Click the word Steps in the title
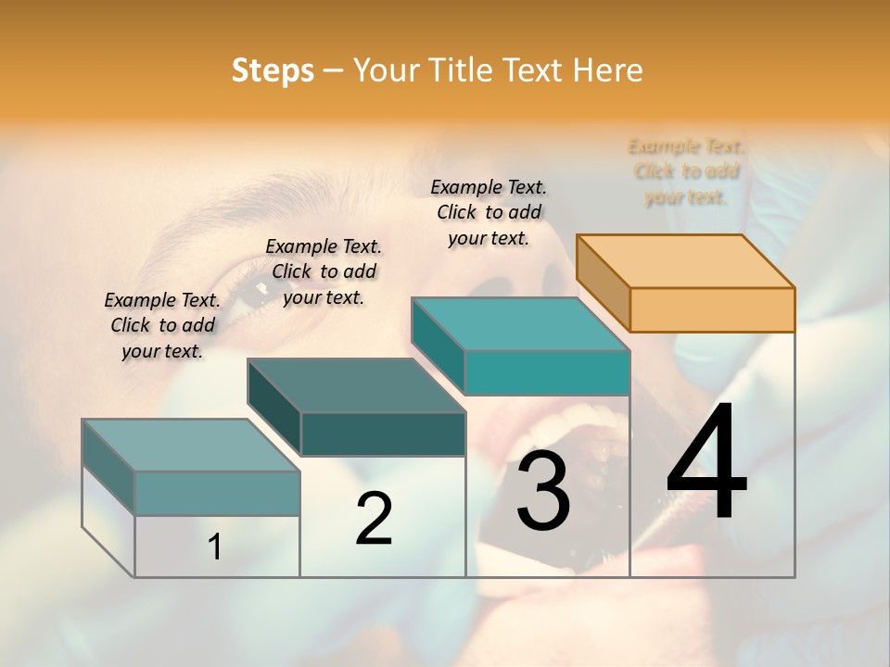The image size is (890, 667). coord(273,70)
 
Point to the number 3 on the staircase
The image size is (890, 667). coord(543,491)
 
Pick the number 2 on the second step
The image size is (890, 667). coord(374,519)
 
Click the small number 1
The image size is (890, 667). coord(215,547)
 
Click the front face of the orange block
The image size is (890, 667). coord(712,309)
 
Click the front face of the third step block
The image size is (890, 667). coord(547,372)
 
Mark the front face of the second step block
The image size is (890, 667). coord(382,434)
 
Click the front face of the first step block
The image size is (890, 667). coord(217,493)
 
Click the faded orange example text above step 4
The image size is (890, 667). coord(686,171)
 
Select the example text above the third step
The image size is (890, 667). coord(489,212)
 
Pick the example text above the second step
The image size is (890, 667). coord(324,271)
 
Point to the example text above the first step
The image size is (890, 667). coord(162,325)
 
